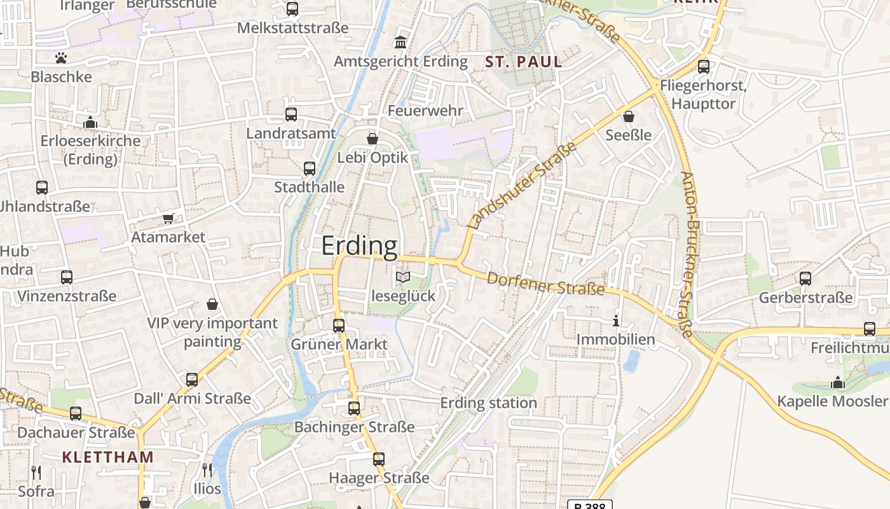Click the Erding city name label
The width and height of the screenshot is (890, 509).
click(359, 246)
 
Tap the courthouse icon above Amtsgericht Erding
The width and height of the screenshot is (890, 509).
click(401, 43)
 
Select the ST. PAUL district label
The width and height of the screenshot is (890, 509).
click(524, 62)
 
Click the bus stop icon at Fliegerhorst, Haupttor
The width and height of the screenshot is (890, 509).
click(704, 66)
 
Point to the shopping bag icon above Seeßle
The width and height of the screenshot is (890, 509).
click(629, 116)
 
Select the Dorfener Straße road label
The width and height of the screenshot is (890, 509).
click(545, 284)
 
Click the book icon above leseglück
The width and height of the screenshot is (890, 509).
click(403, 277)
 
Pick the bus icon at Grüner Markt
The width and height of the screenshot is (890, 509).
click(339, 325)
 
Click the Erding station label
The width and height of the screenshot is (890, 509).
click(488, 403)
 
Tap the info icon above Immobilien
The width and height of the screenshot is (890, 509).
click(615, 321)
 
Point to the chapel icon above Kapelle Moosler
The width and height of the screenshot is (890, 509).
click(838, 382)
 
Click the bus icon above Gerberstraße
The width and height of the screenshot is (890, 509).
click(805, 279)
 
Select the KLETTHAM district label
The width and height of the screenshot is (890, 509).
click(108, 457)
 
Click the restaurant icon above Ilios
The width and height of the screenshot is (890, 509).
click(207, 470)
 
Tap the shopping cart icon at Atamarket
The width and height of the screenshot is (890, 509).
click(168, 218)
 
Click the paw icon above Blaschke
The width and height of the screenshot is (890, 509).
click(61, 58)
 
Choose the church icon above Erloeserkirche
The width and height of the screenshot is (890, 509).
click(90, 122)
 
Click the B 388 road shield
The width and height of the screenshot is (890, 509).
click(589, 505)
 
